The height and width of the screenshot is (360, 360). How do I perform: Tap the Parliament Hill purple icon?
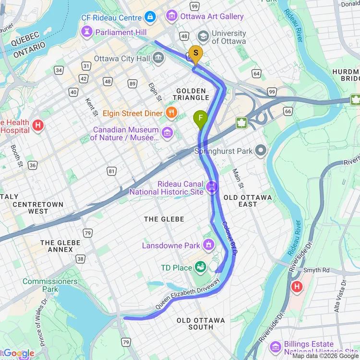[87, 32]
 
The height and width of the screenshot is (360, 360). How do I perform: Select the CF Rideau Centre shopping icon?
[150, 17]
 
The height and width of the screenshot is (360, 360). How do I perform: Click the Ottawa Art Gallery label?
[212, 16]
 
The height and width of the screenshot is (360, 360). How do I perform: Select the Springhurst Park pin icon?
[261, 151]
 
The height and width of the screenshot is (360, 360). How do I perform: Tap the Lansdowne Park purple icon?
[208, 245]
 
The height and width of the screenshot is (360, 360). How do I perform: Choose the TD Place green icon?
[200, 267]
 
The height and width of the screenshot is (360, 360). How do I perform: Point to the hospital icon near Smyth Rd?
[297, 288]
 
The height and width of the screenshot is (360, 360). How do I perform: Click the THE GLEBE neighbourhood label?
[164, 219]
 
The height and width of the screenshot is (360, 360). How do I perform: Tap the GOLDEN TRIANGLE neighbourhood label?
[191, 94]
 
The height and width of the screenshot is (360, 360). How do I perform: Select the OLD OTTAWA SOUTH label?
[201, 324]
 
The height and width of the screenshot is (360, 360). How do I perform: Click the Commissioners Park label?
[50, 285]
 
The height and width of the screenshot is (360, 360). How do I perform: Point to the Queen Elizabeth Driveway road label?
[187, 294]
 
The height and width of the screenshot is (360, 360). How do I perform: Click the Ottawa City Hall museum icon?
[158, 59]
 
